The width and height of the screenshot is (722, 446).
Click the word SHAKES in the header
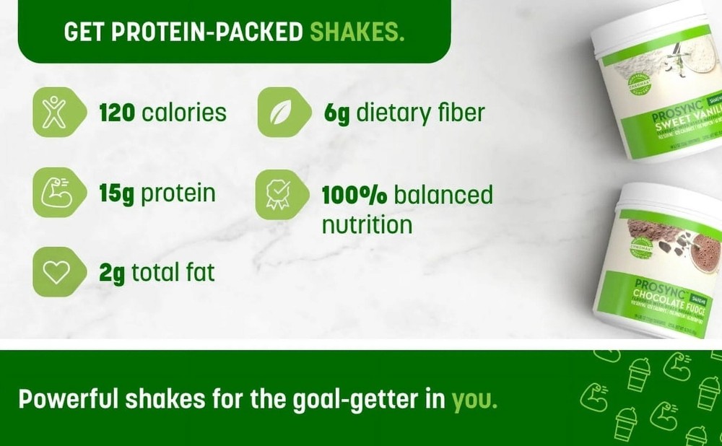356,32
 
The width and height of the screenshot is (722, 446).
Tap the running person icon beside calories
54,113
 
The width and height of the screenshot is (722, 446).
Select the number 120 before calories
118,113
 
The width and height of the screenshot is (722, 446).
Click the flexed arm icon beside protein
54,193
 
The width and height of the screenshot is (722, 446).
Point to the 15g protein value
117,193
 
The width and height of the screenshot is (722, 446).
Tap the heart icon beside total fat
54,273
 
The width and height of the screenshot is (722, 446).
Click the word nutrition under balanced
367,224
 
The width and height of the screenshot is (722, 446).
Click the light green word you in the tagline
474,400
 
